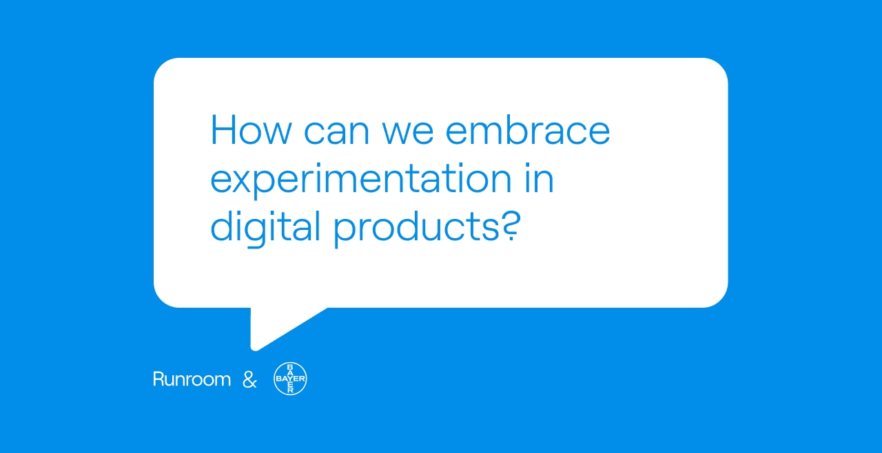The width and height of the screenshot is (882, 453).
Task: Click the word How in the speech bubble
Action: [x=249, y=129]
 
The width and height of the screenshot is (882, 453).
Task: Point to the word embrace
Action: [x=534, y=129]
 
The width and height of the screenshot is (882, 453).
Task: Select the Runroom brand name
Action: [x=192, y=379]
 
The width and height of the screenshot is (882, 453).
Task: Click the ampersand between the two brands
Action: [x=249, y=379]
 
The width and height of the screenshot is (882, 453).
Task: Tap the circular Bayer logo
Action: [x=290, y=379]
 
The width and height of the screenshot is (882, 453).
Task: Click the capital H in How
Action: [x=224, y=129]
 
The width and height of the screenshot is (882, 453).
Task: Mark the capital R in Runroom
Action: [x=158, y=379]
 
